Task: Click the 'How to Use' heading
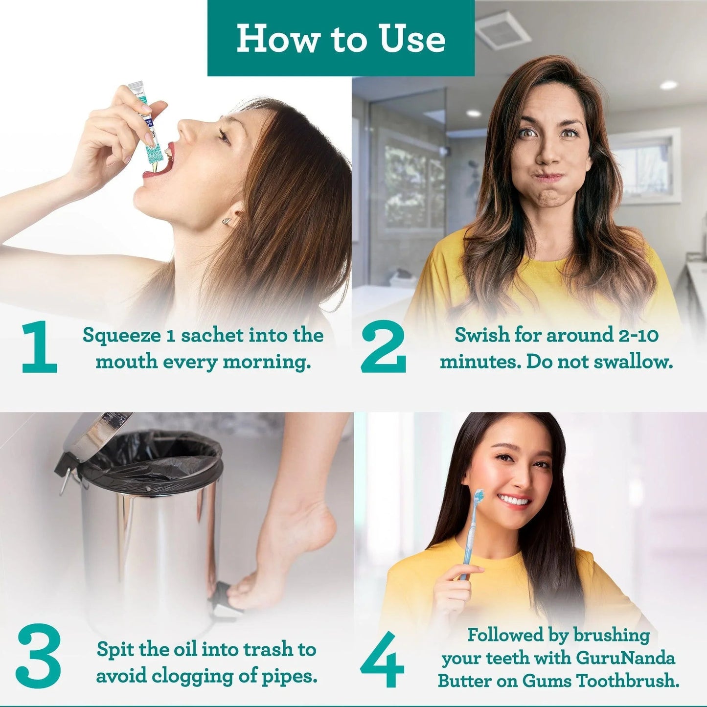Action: (x=341, y=39)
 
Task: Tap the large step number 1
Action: (x=39, y=347)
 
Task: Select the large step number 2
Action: (x=383, y=347)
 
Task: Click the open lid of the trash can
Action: (x=93, y=435)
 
